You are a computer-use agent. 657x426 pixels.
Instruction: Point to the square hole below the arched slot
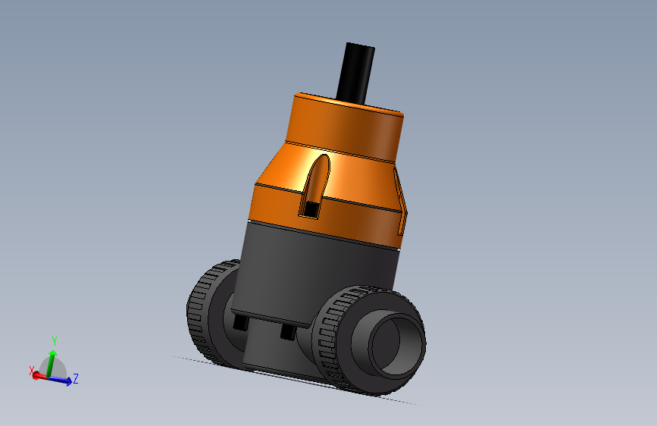(311, 207)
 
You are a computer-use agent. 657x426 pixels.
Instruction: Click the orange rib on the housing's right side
(402, 205)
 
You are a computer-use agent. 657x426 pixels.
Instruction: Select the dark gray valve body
(318, 265)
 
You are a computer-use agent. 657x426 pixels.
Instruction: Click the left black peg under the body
(241, 323)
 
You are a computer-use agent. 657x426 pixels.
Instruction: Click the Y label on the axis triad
(55, 340)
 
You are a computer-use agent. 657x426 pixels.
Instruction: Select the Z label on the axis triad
(77, 377)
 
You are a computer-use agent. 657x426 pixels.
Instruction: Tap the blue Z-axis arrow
(63, 381)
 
